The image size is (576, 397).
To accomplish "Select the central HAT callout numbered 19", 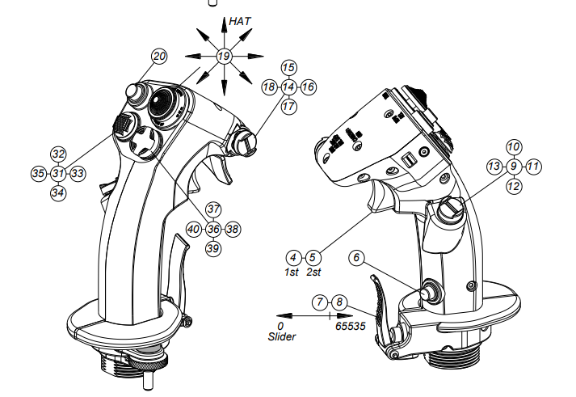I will pyautogui.click(x=224, y=56).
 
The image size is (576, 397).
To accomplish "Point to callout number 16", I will pyautogui.click(x=309, y=86).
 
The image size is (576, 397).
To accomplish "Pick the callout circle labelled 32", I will pyautogui.click(x=57, y=154).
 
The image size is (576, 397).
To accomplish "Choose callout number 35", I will pyautogui.click(x=38, y=173).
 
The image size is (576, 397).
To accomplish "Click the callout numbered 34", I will pyautogui.click(x=57, y=192).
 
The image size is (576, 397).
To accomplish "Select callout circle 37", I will pyautogui.click(x=212, y=209).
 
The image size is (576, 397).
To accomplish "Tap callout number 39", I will pyautogui.click(x=212, y=248).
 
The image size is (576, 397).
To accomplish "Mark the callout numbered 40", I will pyautogui.click(x=193, y=229).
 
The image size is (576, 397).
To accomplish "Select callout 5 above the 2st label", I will pyautogui.click(x=314, y=257).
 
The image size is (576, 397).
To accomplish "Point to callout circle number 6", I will pyautogui.click(x=359, y=258).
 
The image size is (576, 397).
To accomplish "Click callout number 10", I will pyautogui.click(x=514, y=146).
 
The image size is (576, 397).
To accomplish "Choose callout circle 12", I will pyautogui.click(x=514, y=185).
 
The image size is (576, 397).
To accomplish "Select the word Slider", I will pyautogui.click(x=282, y=336).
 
